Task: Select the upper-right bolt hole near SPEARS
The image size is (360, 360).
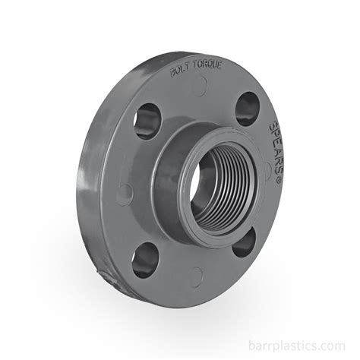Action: pos(248,109)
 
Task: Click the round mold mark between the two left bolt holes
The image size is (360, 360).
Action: pos(125,193)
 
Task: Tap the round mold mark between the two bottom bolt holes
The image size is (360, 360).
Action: pos(196,276)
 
